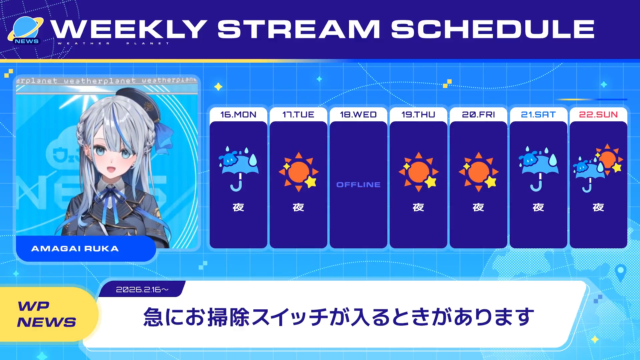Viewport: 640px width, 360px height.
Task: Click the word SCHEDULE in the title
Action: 493,29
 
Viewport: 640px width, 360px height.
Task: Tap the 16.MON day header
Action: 238,115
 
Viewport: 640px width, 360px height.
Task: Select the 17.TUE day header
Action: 298,115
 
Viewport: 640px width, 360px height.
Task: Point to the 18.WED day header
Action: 358,115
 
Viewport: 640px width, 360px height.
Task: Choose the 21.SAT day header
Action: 538,115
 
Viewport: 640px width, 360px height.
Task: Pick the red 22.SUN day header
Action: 598,115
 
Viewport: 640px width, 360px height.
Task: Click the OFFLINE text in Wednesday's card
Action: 358,185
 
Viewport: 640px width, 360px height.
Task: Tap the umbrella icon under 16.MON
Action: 238,169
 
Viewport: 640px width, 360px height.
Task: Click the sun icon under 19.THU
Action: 419,172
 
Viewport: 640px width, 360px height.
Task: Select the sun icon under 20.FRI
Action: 479,172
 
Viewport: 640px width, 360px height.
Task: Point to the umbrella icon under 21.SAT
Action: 538,169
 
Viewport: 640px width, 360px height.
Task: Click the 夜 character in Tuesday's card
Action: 298,207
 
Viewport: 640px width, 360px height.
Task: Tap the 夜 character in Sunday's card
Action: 598,207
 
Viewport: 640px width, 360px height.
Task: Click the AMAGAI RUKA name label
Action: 75,249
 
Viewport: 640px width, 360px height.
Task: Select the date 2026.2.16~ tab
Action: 142,289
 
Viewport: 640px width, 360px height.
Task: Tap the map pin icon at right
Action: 620,273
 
